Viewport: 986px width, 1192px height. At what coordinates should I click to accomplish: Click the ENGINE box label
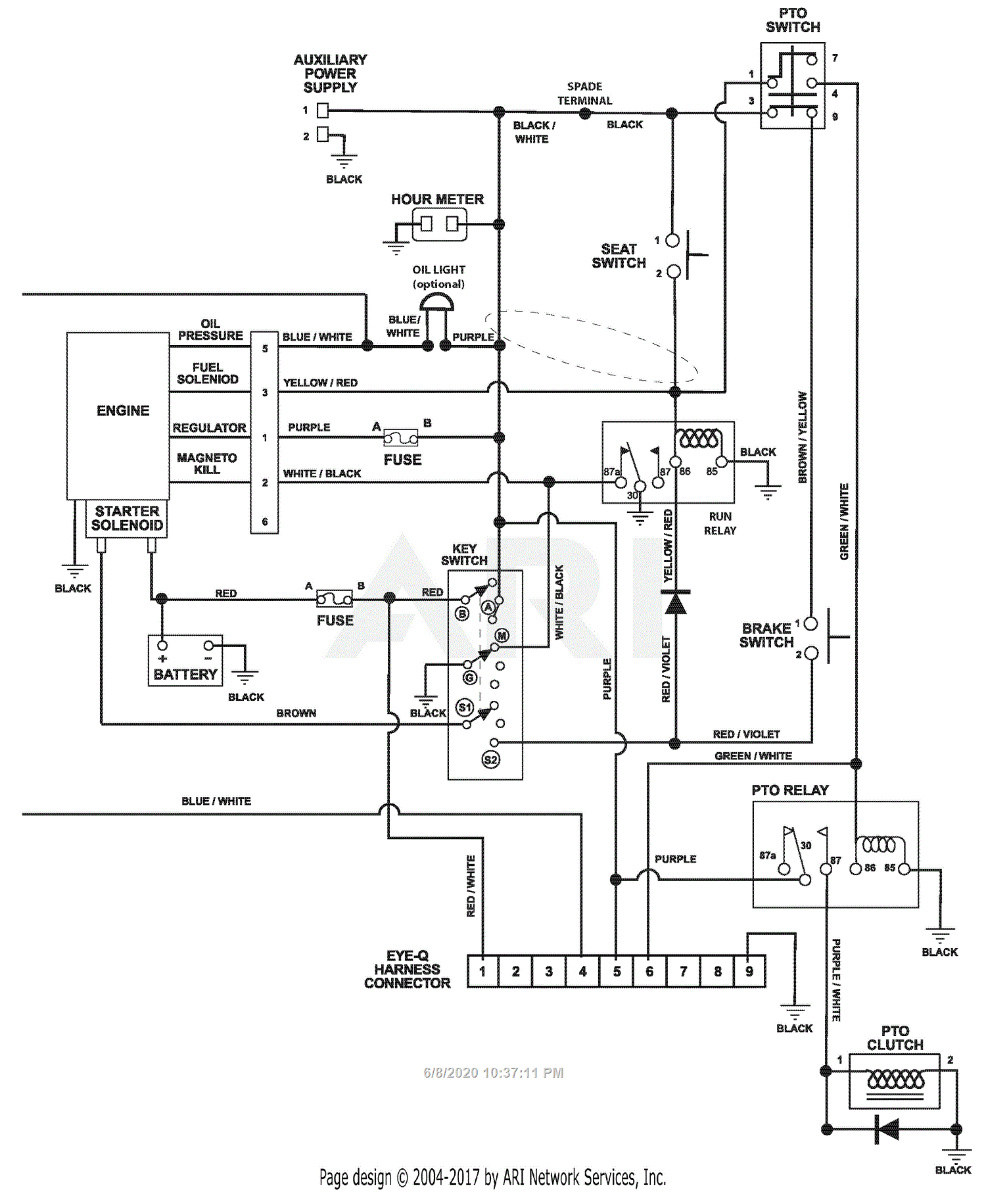123,411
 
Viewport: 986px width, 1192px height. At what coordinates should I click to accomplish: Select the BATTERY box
185,661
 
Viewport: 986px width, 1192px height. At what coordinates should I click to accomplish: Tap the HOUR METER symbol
439,224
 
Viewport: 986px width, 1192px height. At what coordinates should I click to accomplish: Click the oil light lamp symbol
436,303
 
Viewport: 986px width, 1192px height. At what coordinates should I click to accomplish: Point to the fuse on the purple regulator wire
400,438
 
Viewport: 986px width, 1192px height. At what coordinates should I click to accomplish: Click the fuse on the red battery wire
335,599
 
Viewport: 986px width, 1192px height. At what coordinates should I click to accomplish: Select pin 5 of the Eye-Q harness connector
617,972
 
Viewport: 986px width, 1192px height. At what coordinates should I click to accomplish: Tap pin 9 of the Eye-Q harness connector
749,972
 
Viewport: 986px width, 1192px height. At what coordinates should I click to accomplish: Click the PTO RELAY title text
789,790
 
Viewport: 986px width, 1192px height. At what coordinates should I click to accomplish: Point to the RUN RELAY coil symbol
699,439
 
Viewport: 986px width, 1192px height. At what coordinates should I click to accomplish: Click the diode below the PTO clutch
887,1130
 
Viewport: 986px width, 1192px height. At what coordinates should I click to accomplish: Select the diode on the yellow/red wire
675,602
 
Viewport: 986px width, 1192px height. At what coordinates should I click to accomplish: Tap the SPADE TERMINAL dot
584,113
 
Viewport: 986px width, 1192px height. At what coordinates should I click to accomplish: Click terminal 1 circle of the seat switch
672,241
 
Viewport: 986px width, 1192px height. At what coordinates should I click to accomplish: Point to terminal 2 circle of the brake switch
811,654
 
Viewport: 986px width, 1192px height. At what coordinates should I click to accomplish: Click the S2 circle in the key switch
490,760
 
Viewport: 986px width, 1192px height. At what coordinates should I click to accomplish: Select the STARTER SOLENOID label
127,518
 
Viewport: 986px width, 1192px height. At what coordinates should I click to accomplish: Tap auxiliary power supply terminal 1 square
323,110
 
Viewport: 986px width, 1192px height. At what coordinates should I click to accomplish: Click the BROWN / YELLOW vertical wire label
802,438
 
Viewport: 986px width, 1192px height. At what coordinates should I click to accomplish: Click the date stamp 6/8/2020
493,1073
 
